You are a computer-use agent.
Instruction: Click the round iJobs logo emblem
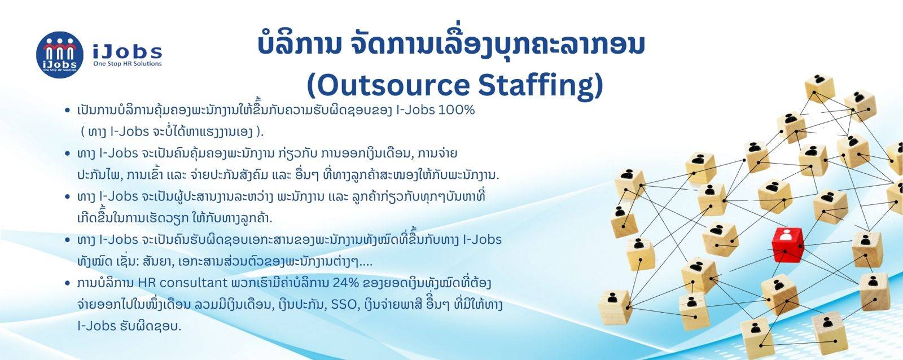[x=60, y=55]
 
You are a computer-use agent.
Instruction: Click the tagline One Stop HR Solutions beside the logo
[x=128, y=64]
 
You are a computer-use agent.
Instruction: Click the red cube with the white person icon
[x=787, y=244]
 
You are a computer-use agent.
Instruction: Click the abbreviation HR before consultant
[x=144, y=283]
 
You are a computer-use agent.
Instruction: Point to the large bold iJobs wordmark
[x=128, y=51]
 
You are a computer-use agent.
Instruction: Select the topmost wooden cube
[x=819, y=88]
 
